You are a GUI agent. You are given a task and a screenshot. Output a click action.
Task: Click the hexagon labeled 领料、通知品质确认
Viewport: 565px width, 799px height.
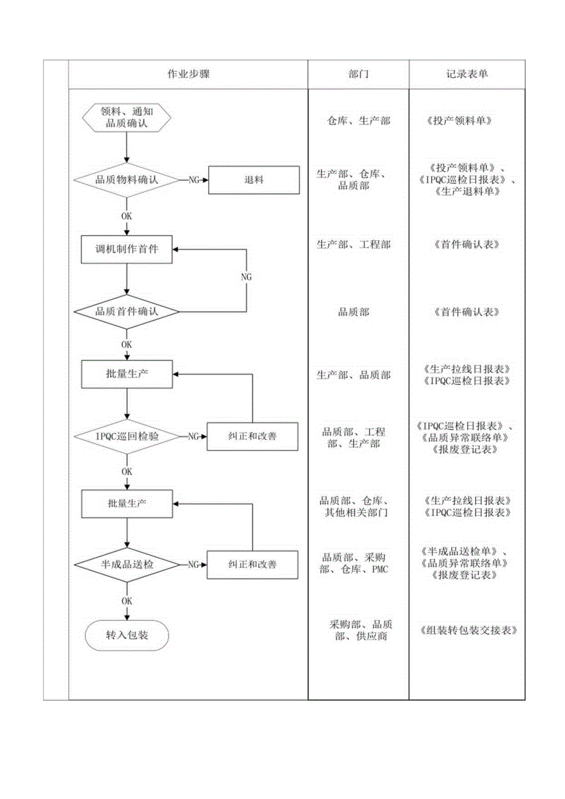coord(126,117)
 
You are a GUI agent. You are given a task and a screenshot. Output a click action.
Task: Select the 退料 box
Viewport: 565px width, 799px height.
coord(254,180)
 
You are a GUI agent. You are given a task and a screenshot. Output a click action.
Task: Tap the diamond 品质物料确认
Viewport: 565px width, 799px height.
coord(127,180)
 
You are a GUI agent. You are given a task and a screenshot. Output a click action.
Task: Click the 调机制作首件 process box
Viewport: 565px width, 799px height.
coord(127,249)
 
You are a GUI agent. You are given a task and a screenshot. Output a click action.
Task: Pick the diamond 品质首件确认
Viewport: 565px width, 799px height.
coord(127,311)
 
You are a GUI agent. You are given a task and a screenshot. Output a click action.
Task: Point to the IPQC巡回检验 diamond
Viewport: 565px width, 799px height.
coord(127,436)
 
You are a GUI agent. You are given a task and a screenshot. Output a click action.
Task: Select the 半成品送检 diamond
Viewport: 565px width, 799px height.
coord(127,564)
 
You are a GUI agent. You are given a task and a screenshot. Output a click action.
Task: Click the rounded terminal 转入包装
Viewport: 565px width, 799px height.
coord(127,636)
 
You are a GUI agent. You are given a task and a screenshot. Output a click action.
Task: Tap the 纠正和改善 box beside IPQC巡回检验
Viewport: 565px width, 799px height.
coord(252,436)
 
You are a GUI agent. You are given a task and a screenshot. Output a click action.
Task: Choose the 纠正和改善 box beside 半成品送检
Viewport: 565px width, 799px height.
coord(252,564)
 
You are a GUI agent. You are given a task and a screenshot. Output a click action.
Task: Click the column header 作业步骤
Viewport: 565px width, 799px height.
coord(188,74)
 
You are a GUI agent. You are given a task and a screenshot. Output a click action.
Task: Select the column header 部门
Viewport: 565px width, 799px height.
coord(358,74)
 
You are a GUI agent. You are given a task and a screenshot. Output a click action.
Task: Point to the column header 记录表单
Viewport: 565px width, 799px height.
coord(467,74)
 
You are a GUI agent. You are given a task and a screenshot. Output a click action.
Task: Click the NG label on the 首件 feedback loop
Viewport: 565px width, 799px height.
coord(246,278)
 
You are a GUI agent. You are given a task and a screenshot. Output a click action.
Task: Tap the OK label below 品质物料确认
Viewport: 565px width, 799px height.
coord(127,216)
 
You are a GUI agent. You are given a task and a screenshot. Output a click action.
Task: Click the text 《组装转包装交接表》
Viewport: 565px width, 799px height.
coord(468,630)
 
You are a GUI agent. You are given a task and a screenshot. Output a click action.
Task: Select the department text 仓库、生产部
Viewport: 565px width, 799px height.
coord(358,121)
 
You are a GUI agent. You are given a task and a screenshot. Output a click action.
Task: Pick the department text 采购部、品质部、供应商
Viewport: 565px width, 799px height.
coord(358,631)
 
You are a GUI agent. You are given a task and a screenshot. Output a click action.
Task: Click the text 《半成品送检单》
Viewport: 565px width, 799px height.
coord(464,551)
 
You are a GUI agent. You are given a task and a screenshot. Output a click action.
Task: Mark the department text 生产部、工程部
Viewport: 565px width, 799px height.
coord(353,244)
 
